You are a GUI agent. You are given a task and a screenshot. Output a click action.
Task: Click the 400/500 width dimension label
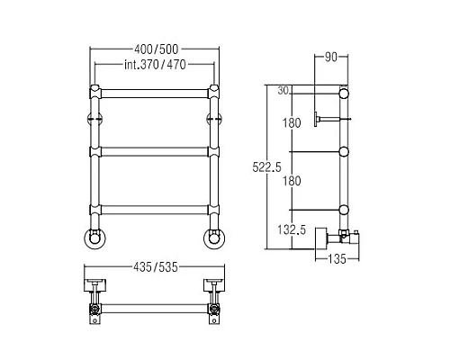(156, 49)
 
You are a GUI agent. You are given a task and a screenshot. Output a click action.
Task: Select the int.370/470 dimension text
(155, 65)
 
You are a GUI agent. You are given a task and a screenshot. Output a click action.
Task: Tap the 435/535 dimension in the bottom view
(156, 267)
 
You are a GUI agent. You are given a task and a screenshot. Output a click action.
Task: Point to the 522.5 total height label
(266, 167)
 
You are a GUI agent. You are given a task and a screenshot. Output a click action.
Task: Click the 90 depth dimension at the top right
(331, 57)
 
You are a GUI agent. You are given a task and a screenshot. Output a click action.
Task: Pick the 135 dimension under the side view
(337, 259)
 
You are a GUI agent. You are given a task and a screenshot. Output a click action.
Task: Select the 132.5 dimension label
(292, 229)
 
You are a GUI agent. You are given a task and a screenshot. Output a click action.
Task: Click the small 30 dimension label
(283, 90)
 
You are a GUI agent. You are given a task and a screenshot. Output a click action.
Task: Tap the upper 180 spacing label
(292, 123)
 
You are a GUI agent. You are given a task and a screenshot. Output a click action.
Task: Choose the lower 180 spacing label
(292, 181)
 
